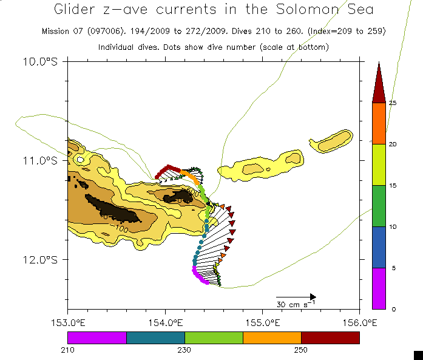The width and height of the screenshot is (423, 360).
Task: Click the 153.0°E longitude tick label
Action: (68, 321)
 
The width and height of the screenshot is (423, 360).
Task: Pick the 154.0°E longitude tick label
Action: (165, 321)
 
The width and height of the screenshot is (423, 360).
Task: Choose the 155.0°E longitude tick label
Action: (262, 321)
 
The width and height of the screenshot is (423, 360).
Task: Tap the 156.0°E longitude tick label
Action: (359, 321)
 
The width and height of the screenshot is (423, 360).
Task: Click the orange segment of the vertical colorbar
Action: (379, 123)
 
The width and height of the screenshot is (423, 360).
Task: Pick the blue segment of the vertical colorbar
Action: (379, 247)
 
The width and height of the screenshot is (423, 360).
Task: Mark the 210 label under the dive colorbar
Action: (68, 350)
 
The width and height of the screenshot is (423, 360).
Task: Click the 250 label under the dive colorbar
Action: (301, 350)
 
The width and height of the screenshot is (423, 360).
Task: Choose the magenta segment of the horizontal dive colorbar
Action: (97, 338)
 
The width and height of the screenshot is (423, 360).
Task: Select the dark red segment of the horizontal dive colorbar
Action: (330, 338)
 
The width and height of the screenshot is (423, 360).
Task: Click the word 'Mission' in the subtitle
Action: (55, 31)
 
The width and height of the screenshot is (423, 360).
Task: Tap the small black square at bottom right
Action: (418, 355)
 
